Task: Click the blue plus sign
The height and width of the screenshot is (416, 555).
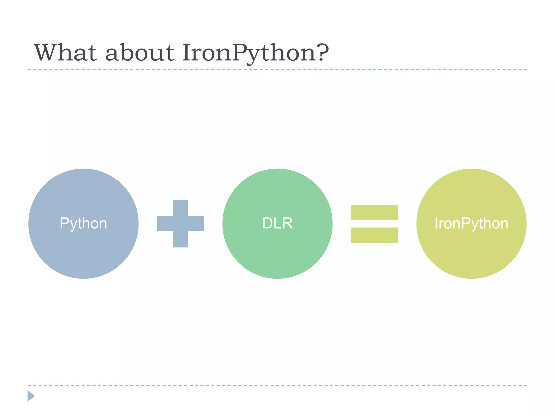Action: pyautogui.click(x=180, y=224)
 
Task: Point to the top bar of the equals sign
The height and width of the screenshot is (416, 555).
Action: pyautogui.click(x=374, y=212)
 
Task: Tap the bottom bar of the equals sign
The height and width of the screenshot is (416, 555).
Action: pyautogui.click(x=374, y=235)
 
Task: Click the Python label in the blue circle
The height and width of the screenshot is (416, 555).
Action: pyautogui.click(x=83, y=224)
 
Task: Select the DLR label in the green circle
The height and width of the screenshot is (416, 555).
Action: pyautogui.click(x=277, y=223)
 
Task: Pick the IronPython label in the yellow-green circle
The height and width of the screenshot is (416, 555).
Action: pyautogui.click(x=471, y=224)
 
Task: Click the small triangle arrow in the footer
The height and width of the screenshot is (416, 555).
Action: pyautogui.click(x=31, y=396)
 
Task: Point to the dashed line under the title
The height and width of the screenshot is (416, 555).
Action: pyautogui.click(x=277, y=69)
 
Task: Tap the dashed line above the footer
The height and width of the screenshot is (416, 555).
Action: pyautogui.click(x=277, y=385)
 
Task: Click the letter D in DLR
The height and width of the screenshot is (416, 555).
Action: pyautogui.click(x=267, y=223)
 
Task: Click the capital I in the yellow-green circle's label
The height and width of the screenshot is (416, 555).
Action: pyautogui.click(x=436, y=223)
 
